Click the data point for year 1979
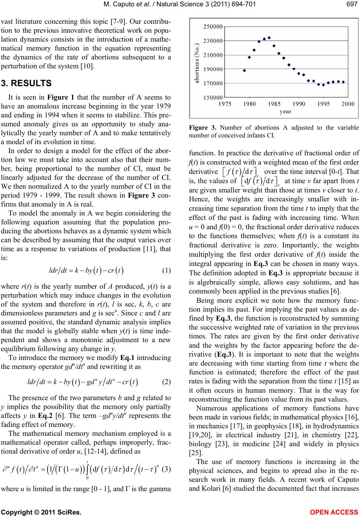point(244,70)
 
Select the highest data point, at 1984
point(269,38)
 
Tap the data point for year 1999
point(343,82)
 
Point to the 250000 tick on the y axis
point(213,27)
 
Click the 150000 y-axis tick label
point(213,97)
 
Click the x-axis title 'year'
point(286,111)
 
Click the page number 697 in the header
point(353,4)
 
